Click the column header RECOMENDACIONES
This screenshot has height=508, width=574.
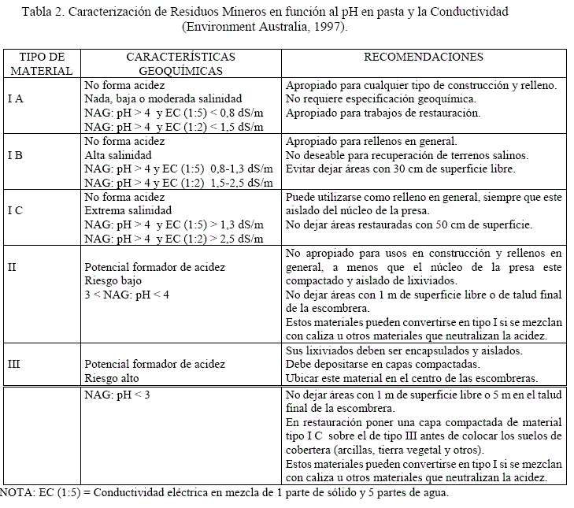pyautogui.click(x=424, y=57)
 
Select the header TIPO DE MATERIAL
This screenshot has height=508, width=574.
pyautogui.click(x=41, y=64)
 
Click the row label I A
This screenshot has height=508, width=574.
pyautogui.click(x=16, y=99)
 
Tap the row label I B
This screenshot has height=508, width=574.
pyautogui.click(x=16, y=155)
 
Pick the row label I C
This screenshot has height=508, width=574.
pyautogui.click(x=16, y=211)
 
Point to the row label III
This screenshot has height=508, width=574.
pyautogui.click(x=14, y=365)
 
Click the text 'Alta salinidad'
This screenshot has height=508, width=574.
pyautogui.click(x=118, y=155)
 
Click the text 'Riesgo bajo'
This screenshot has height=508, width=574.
pyautogui.click(x=113, y=280)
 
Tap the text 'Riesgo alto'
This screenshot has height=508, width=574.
pyautogui.click(x=113, y=377)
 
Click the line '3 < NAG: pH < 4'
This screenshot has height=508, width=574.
pyautogui.click(x=126, y=294)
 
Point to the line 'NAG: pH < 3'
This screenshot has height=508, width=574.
pyautogui.click(x=117, y=395)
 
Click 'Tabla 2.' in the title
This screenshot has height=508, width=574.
pyautogui.click(x=45, y=12)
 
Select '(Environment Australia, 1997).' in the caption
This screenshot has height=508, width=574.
pyautogui.click(x=265, y=26)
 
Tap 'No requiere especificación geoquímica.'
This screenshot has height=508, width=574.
pyautogui.click(x=380, y=99)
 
